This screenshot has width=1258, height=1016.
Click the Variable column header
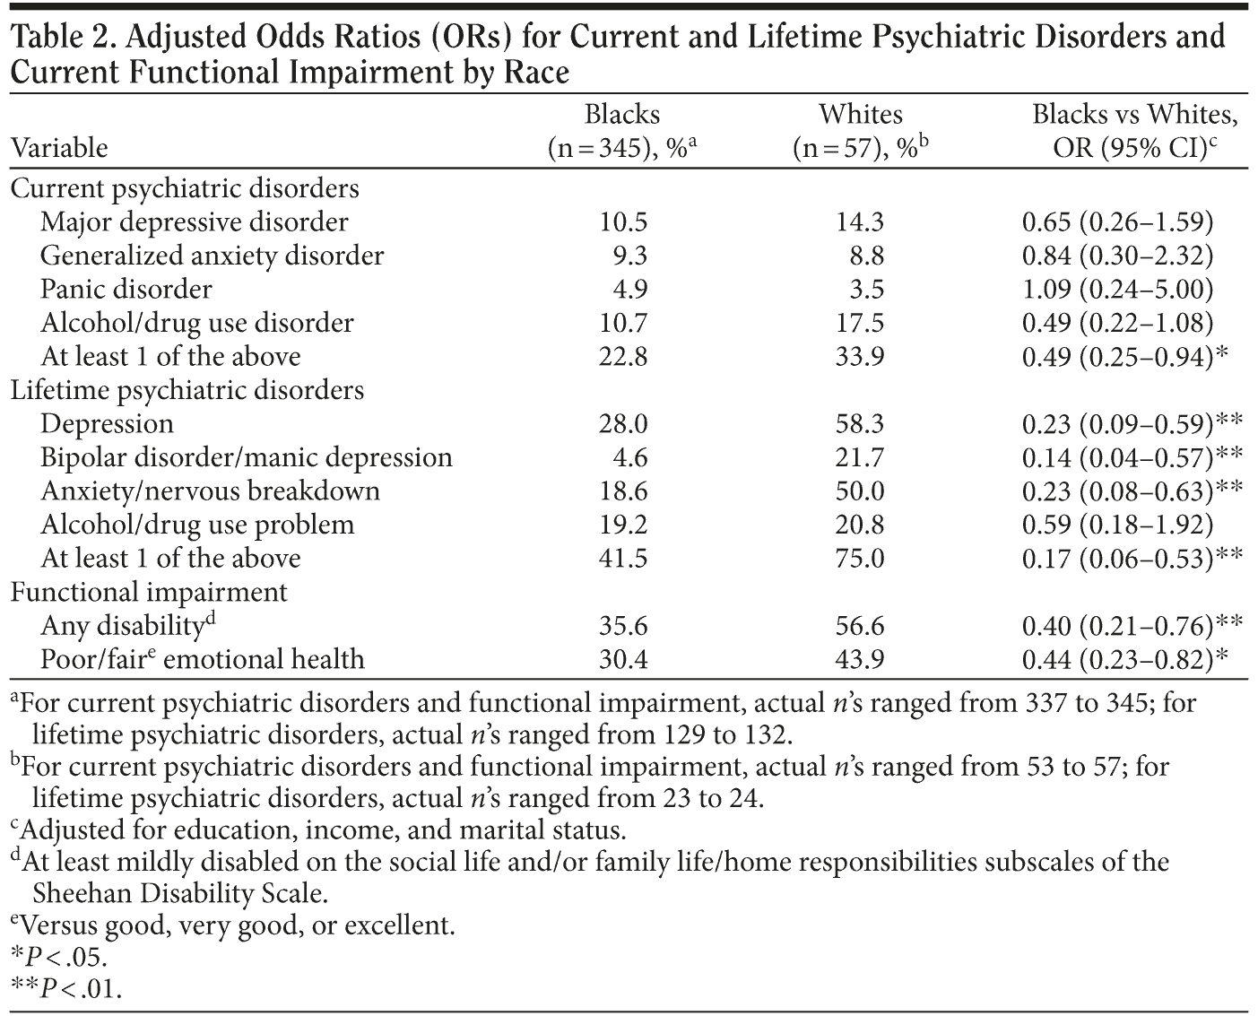(x=59, y=148)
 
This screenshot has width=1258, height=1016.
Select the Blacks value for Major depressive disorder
(x=623, y=222)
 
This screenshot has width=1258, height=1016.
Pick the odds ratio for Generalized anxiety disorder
(x=1117, y=256)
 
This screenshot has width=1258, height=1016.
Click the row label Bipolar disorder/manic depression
(x=247, y=457)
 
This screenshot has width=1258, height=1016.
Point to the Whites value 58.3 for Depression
(x=860, y=424)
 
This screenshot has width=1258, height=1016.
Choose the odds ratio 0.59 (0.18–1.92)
(x=1117, y=525)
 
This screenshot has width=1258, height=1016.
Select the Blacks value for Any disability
(x=623, y=626)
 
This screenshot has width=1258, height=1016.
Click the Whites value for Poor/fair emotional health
(x=860, y=660)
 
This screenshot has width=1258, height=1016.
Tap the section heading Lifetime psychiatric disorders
(x=187, y=390)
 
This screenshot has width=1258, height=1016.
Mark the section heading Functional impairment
(x=149, y=592)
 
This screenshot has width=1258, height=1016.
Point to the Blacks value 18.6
(x=623, y=491)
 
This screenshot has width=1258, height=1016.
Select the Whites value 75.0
(x=860, y=559)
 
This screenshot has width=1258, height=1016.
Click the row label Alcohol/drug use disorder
(x=197, y=323)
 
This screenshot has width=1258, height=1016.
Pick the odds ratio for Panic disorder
(x=1117, y=290)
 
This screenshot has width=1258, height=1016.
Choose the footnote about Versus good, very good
(x=233, y=925)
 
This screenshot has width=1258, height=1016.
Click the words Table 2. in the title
(x=63, y=38)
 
